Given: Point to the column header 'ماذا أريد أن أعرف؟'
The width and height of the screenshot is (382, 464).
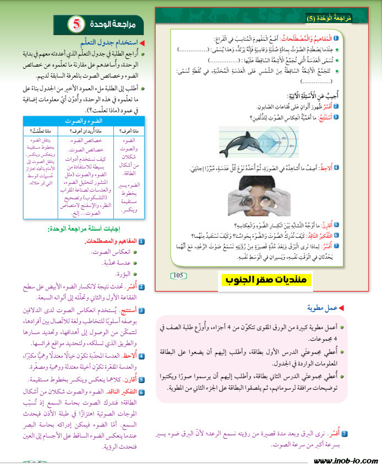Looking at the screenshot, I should (x=85, y=130).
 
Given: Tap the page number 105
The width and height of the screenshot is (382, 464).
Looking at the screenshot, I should (x=179, y=275).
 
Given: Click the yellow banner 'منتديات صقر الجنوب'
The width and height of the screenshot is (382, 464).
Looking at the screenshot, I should (x=268, y=280).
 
